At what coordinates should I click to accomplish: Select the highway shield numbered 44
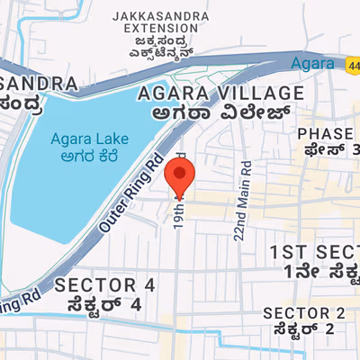point(352,63)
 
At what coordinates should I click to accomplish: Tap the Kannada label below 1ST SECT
point(320,271)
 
